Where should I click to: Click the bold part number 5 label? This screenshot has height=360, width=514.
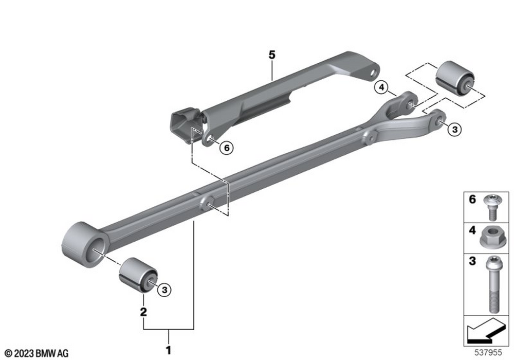pos(272,55)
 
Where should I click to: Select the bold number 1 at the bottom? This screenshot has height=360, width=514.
pos(169,350)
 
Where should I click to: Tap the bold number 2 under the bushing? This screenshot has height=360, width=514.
pos(143,312)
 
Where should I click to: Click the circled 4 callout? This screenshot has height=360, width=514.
pos(381,87)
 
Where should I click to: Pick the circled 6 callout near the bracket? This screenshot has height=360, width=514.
pos(227,148)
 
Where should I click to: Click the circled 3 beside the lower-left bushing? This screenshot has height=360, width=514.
pos(164,290)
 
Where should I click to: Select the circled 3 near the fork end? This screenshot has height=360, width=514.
pos(454,129)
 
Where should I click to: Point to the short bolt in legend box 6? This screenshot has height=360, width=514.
pos(491,207)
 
